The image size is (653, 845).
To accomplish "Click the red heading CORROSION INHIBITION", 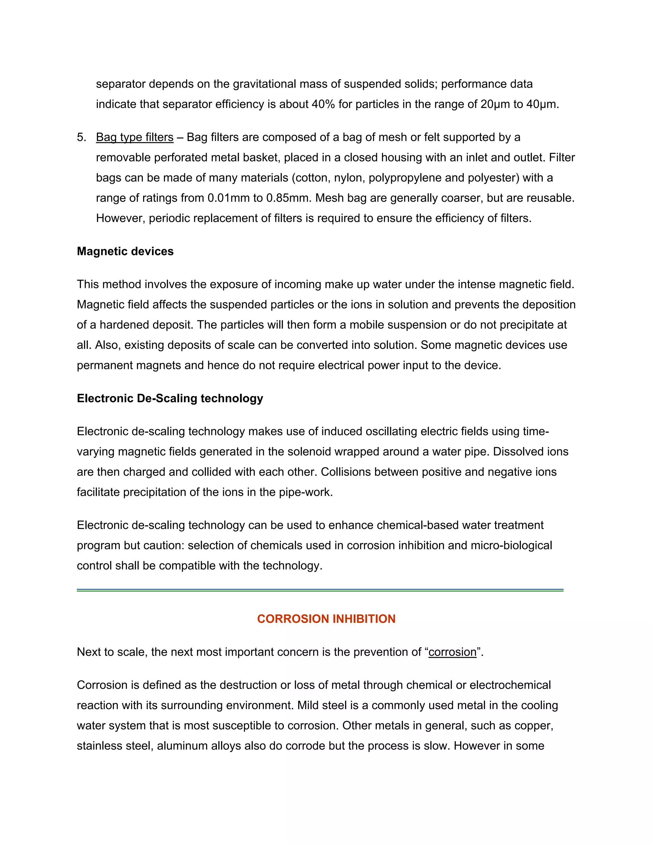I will click(x=326, y=619).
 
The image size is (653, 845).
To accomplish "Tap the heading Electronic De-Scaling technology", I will click(x=170, y=398).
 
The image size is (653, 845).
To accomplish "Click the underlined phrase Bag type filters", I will click(x=134, y=137).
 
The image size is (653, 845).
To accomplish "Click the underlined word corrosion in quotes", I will click(x=452, y=652).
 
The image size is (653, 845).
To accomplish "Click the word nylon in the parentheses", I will click(x=348, y=178).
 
